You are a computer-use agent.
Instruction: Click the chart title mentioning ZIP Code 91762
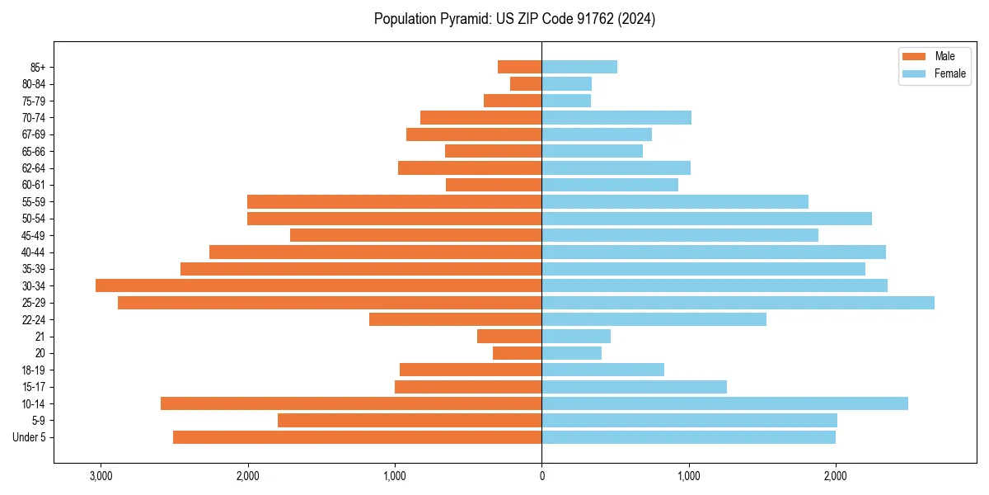tap(514, 19)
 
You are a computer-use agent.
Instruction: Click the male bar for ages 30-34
tap(318, 285)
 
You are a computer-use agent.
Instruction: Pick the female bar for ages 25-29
tap(738, 303)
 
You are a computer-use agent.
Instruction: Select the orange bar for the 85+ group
tap(519, 67)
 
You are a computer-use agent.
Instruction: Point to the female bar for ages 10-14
tap(724, 403)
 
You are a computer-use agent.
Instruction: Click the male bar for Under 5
tap(357, 437)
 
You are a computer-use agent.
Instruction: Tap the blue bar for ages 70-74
tap(616, 117)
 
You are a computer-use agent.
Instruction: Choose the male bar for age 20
tap(517, 353)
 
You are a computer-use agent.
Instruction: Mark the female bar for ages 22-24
tap(654, 319)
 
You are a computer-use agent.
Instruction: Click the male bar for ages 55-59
tap(394, 201)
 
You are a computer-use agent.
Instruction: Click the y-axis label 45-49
tap(34, 235)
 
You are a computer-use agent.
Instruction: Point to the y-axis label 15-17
tap(34, 387)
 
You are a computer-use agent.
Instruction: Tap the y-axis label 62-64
tap(34, 168)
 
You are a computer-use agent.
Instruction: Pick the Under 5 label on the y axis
tap(30, 437)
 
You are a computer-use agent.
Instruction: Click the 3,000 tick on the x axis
tap(101, 476)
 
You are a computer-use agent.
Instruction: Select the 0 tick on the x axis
tap(541, 476)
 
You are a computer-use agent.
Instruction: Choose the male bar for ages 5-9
tap(410, 421)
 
